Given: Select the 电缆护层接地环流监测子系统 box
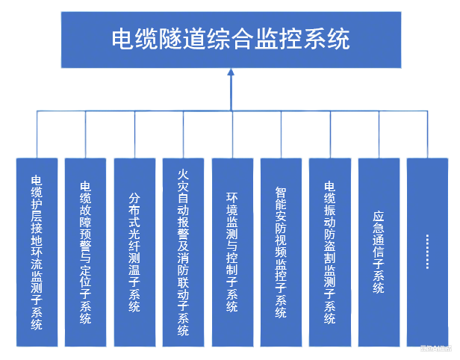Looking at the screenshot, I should click(x=37, y=252).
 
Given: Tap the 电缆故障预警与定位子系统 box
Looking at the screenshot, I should click(x=85, y=252).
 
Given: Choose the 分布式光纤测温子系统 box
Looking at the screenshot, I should click(x=134, y=252).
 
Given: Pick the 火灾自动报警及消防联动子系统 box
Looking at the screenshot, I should click(x=183, y=252).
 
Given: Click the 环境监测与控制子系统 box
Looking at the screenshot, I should click(x=232, y=252).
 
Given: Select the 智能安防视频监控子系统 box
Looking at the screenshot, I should click(x=281, y=252).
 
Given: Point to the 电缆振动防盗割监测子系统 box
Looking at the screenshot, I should click(x=330, y=252).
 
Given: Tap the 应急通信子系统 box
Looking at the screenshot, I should click(x=379, y=252).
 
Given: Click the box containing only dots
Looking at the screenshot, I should click(x=427, y=252).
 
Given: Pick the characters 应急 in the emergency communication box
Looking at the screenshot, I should click(x=379, y=223).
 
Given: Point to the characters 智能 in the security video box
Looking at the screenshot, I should click(x=281, y=196).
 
